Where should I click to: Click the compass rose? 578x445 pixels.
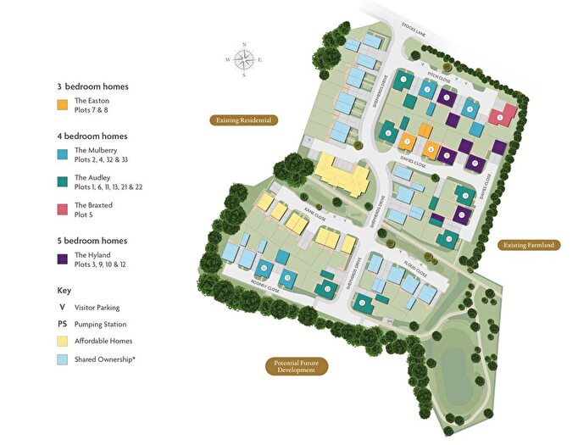click(x=244, y=59)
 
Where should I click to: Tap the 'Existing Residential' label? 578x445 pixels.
click(x=244, y=120)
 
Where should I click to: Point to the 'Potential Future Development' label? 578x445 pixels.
click(x=295, y=366)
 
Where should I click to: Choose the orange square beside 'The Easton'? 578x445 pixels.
click(x=62, y=105)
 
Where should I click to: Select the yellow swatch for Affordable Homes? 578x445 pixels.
click(x=62, y=341)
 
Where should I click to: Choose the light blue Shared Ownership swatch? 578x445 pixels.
click(x=62, y=359)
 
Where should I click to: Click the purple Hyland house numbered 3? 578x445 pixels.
click(x=447, y=97)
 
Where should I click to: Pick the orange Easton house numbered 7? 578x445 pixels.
click(x=408, y=142)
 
